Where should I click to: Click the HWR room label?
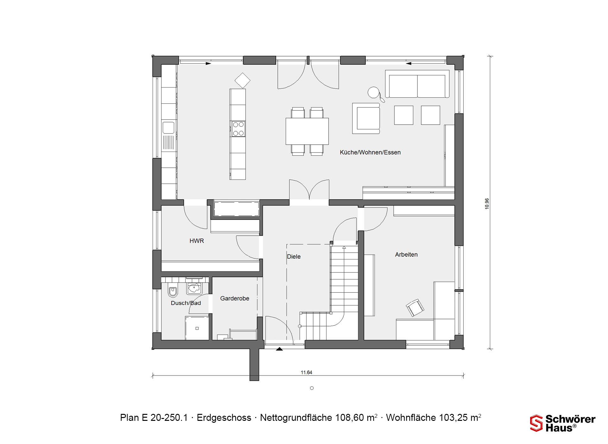coord(197,241)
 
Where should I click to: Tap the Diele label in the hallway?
coord(294,257)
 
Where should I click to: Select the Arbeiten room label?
coord(406,255)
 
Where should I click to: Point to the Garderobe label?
coord(235,298)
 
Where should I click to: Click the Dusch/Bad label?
coord(186,303)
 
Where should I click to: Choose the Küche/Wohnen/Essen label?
coord(370,153)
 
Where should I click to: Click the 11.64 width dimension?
coord(307,373)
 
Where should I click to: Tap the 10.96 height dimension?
coord(487,204)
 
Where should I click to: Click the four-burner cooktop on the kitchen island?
coord(238,129)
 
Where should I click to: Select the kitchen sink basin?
coord(168,128)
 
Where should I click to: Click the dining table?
coord(307,131)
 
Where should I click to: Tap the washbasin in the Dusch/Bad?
coord(194,288)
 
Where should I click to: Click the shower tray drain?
coord(197,328)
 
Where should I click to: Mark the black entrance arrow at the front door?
coord(279,349)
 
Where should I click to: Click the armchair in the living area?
coord(366,118)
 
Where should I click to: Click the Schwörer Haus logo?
coord(563,423)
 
